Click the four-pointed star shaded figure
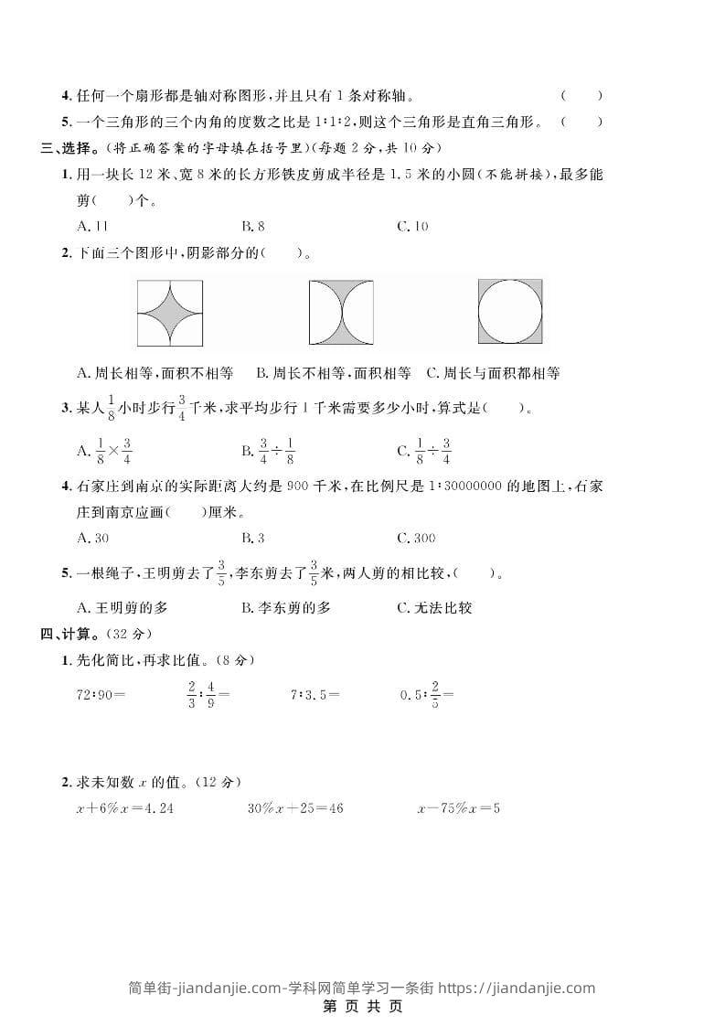pos(170,312)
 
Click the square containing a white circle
pos(509,311)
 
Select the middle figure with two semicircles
pos(340,312)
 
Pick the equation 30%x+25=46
pos(295,808)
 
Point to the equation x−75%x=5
pos(458,808)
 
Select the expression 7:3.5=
pos(315,694)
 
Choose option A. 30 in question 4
pos(93,538)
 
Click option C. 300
pos(416,538)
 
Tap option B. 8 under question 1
pos(253,226)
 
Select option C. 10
pos(412,226)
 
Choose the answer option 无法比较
pos(434,607)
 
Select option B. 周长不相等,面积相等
pos(329,373)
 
